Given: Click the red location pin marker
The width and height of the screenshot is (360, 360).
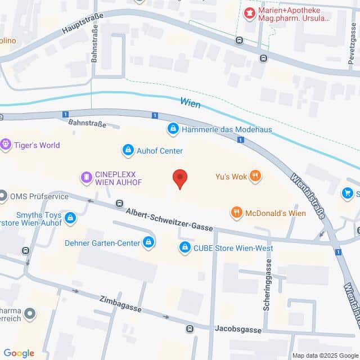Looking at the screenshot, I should click(179, 178).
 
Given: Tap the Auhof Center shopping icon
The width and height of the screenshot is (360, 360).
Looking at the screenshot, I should click(128, 150).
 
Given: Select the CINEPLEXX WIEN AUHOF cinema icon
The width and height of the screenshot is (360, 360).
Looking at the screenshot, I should click(86, 178).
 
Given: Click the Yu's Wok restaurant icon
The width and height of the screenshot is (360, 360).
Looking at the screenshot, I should click(255, 176).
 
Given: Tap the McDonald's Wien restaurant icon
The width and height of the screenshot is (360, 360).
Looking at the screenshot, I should click(236, 213).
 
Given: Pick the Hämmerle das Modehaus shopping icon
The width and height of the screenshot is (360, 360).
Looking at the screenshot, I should click(173, 129).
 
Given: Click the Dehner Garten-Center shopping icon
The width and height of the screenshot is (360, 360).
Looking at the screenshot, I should click(148, 242).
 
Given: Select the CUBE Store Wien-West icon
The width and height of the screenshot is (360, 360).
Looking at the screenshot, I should click(184, 247).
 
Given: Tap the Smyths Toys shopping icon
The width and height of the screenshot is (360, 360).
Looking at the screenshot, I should click(70, 218).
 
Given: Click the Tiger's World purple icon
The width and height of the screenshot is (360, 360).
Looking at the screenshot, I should click(6, 145).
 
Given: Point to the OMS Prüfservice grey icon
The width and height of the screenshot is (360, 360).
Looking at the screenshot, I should click(4, 196).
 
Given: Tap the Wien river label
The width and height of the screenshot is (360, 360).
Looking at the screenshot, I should click(190, 102).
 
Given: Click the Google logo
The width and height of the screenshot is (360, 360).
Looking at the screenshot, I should click(19, 353).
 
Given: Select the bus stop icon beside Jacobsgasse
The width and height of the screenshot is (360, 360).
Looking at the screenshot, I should click(190, 328).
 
